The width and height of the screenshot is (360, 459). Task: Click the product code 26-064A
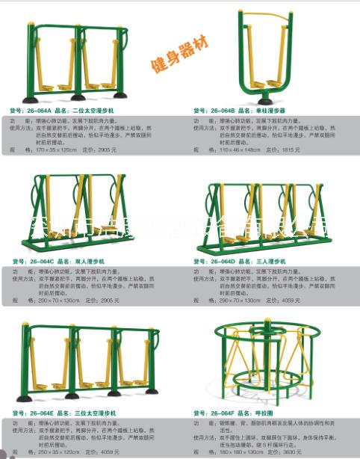click(41, 111)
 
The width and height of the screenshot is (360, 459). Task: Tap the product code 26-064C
click(41, 262)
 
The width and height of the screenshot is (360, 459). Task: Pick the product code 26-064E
click(41, 413)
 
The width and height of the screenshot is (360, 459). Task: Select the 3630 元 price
click(292, 451)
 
